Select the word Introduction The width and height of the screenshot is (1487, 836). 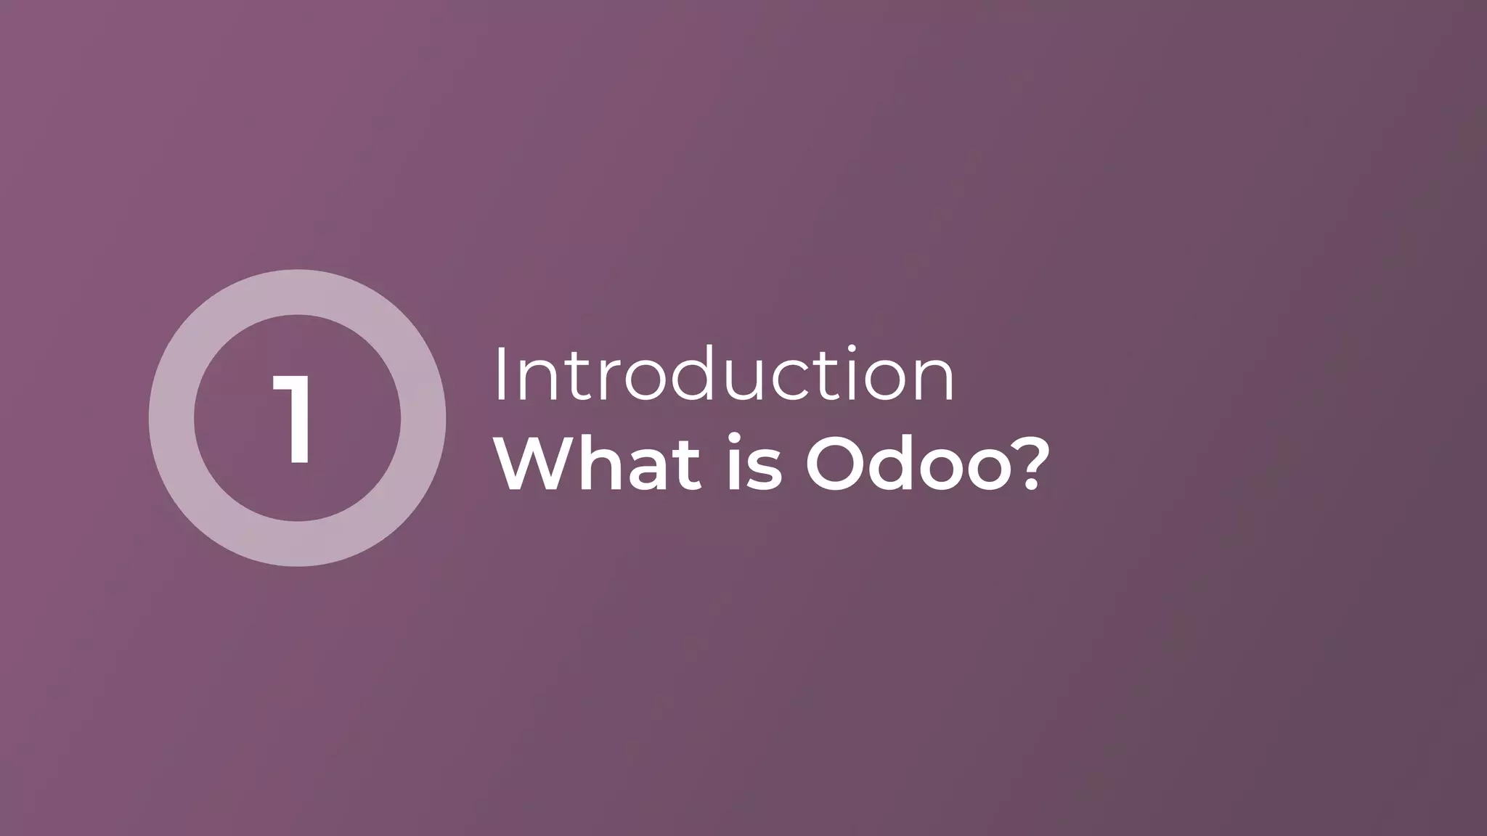(x=724, y=375)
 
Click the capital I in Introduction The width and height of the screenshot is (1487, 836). (x=500, y=375)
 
